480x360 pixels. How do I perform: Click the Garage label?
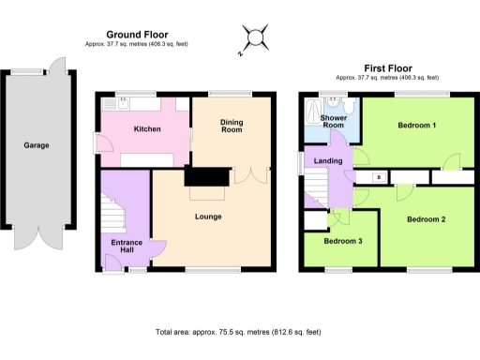pos(36,145)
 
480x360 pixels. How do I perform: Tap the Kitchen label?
pos(147,129)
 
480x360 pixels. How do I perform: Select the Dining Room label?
pos(232,126)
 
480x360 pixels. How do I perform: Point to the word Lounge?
pos(207,217)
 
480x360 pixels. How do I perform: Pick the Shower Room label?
pos(333,122)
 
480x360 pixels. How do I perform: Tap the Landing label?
pos(328,161)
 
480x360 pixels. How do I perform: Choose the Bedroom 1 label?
pos(417,125)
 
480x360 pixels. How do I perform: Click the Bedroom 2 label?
pos(426,219)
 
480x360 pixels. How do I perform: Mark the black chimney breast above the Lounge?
pos(207,177)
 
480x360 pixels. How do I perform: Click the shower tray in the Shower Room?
pos(314,112)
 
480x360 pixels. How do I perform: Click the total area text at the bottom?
pos(239,332)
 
